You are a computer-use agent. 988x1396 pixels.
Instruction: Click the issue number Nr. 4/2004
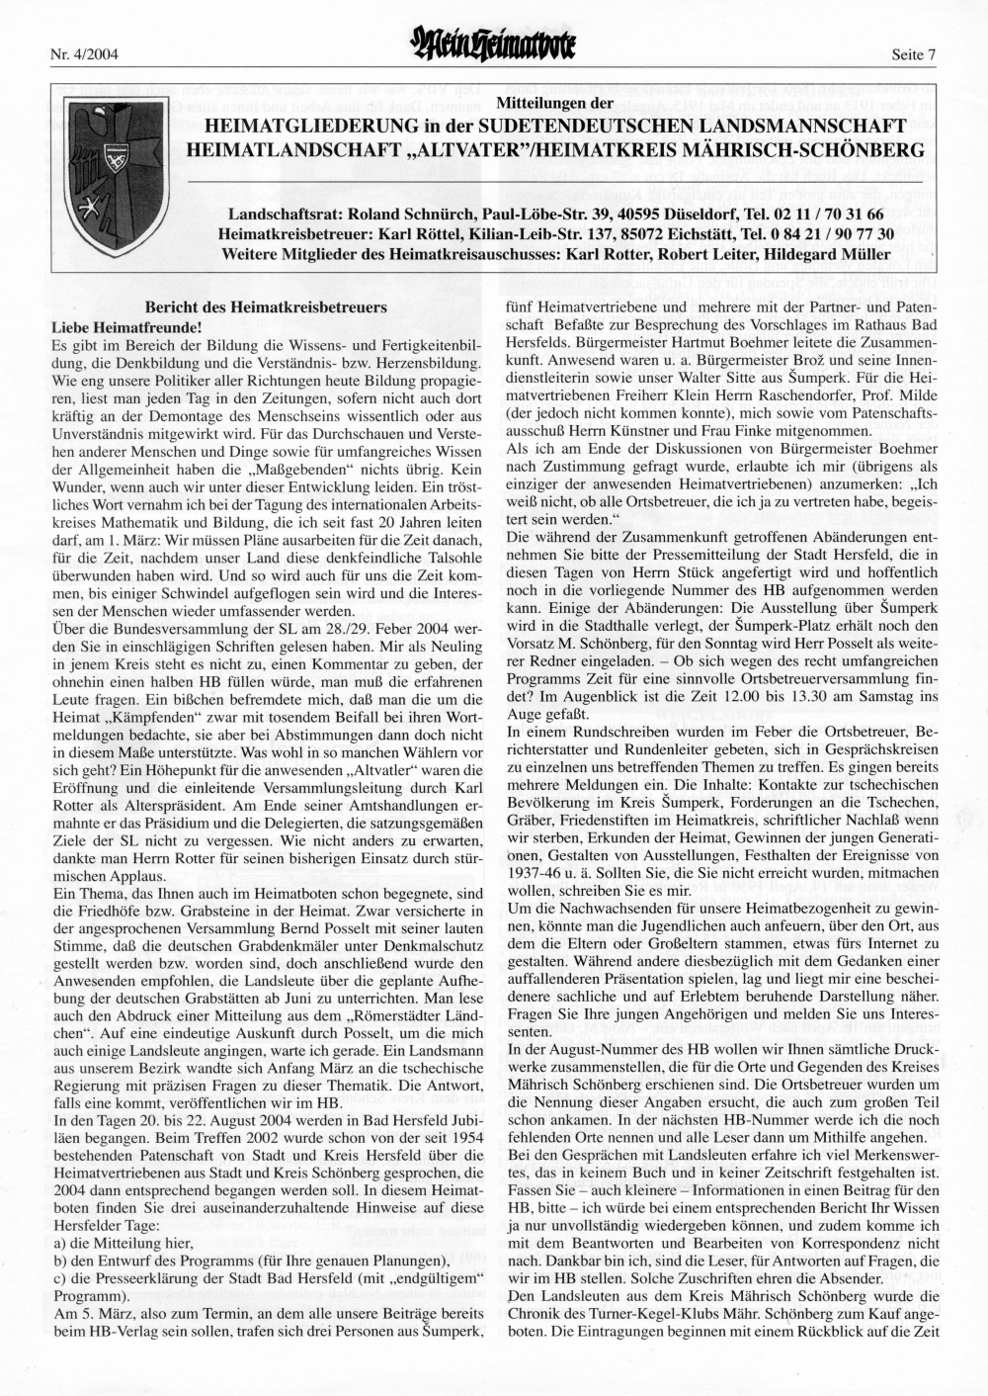click(x=83, y=55)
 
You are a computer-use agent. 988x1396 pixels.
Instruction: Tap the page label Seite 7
click(x=911, y=55)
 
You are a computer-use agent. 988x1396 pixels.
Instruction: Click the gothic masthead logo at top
click(x=494, y=52)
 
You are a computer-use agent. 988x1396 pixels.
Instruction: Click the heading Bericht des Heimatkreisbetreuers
click(x=267, y=308)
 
